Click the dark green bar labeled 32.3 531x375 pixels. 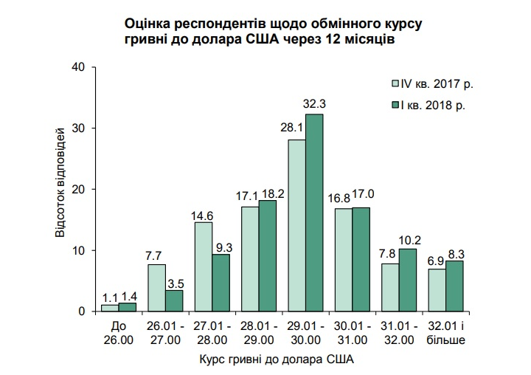[x=314, y=213]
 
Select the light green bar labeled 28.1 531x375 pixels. [x=297, y=225]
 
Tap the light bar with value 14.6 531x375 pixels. [x=204, y=266]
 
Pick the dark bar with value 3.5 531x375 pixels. [x=174, y=300]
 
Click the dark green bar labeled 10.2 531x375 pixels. [x=407, y=280]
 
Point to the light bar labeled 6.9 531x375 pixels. [x=437, y=290]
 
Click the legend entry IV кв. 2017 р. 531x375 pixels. [x=436, y=83]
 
